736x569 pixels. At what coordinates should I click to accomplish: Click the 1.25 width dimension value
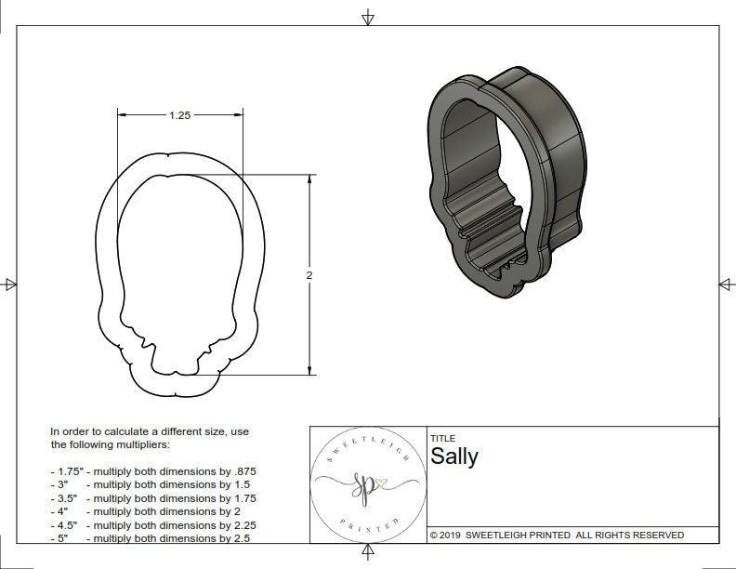[x=179, y=115]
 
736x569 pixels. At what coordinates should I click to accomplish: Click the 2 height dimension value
[x=309, y=275]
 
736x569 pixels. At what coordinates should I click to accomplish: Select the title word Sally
[x=453, y=456]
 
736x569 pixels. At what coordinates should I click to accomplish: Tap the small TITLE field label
[x=442, y=438]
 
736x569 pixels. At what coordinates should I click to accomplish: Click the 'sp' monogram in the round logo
[x=361, y=484]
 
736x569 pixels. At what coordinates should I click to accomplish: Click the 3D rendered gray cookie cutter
[x=506, y=181]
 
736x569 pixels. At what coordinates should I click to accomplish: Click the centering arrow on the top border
[x=368, y=17]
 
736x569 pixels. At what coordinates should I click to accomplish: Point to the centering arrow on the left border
[x=9, y=284]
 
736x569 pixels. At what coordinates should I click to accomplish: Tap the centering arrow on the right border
[x=726, y=284]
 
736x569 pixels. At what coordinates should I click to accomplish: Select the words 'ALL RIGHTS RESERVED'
[x=629, y=535]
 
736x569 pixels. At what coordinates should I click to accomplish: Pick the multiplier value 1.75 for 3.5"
[x=243, y=498]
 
